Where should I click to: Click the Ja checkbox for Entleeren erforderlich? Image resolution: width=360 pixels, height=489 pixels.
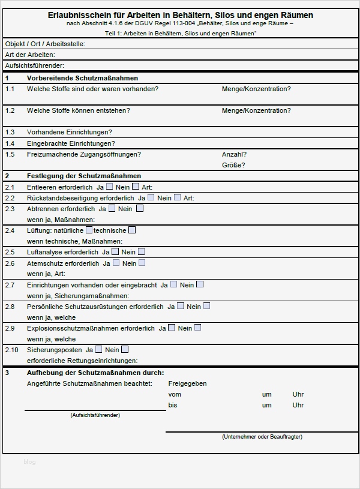pyautogui.click(x=110, y=187)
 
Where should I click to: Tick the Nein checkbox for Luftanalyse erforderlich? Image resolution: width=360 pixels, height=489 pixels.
pyautogui.click(x=141, y=251)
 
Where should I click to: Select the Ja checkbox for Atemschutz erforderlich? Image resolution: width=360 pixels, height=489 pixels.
pyautogui.click(x=116, y=262)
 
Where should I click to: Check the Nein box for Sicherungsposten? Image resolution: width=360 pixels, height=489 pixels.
pyautogui.click(x=125, y=349)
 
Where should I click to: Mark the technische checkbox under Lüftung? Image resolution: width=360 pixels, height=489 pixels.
pyautogui.click(x=132, y=230)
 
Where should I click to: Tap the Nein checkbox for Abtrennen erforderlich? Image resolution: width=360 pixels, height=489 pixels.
pyautogui.click(x=140, y=208)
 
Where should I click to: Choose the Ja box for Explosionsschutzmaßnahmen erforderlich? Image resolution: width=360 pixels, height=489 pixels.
pyautogui.click(x=172, y=328)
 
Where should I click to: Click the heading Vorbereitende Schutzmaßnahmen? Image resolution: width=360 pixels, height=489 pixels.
pyautogui.click(x=82, y=78)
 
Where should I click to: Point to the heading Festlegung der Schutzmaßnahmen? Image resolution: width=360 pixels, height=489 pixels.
pyautogui.click(x=84, y=176)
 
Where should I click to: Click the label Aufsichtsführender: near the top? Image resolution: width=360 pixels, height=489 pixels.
pyautogui.click(x=34, y=65)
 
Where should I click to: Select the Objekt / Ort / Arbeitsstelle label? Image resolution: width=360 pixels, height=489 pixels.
pyautogui.click(x=45, y=44)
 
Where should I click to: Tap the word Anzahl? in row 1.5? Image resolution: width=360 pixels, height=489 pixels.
pyautogui.click(x=234, y=154)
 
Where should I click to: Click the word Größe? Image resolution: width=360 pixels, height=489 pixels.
pyautogui.click(x=233, y=165)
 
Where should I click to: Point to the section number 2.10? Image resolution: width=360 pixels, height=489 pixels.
pyautogui.click(x=11, y=350)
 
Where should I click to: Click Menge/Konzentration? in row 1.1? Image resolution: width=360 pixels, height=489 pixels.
pyautogui.click(x=256, y=89)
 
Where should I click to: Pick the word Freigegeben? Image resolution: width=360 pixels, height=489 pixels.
pyautogui.click(x=187, y=383)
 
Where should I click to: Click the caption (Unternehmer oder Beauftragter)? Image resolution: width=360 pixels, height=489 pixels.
pyautogui.click(x=262, y=437)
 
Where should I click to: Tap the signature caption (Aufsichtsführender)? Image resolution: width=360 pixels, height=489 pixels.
pyautogui.click(x=95, y=415)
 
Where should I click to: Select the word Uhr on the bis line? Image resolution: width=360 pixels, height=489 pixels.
pyautogui.click(x=298, y=405)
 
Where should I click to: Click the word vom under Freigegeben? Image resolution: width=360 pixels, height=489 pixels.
pyautogui.click(x=175, y=394)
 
